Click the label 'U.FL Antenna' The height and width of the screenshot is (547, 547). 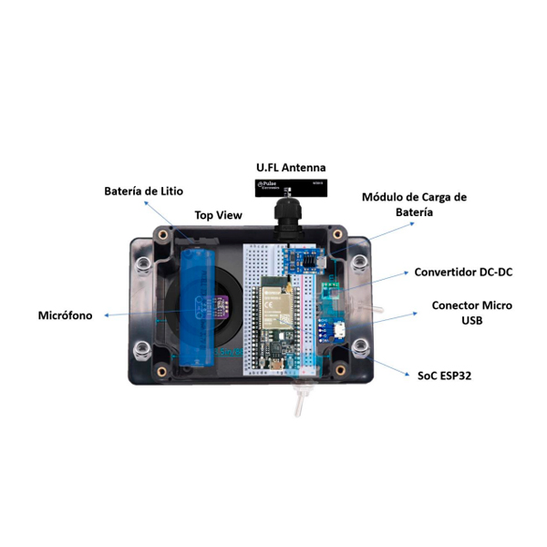tap(289, 168)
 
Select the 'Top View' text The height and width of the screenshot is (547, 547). tap(219, 216)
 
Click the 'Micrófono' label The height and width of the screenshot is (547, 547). tap(67, 315)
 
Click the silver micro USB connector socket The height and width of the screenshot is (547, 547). tap(337, 331)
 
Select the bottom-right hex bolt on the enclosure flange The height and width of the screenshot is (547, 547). tap(361, 347)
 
